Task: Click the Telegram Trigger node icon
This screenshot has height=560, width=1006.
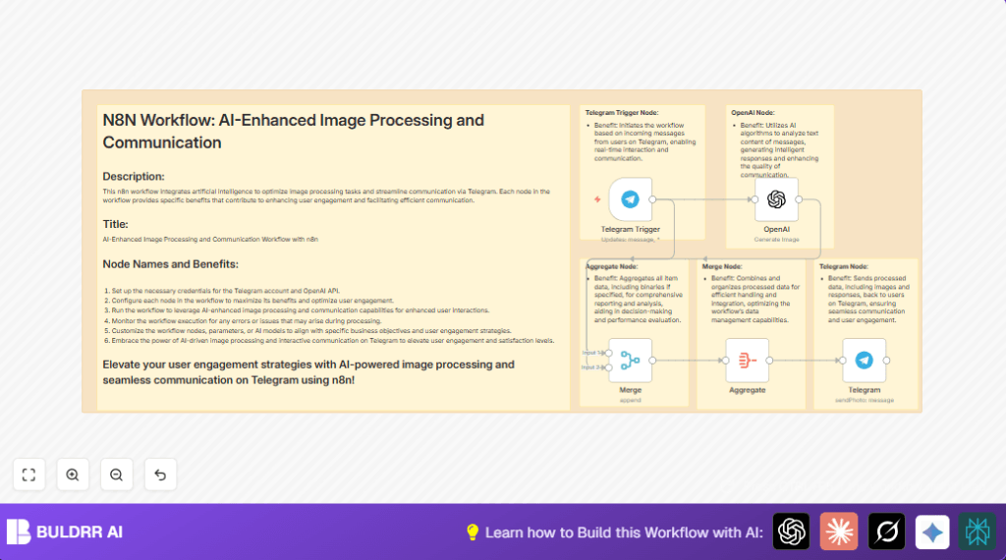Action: point(630,199)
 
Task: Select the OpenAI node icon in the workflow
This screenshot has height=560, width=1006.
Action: point(776,199)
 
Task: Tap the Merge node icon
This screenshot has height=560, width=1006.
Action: point(630,360)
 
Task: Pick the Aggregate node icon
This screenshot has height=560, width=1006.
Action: point(747,360)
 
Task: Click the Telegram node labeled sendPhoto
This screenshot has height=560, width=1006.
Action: point(864,360)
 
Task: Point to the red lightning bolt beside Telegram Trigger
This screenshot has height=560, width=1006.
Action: point(596,199)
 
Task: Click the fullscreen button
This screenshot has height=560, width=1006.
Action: point(28,475)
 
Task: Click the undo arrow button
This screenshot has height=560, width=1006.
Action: point(160,475)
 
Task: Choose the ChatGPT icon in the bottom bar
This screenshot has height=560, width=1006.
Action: point(791,532)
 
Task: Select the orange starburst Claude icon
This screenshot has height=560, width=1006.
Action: point(839,532)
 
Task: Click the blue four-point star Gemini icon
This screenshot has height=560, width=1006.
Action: point(932,532)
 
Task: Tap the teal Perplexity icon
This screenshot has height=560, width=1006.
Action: point(978,532)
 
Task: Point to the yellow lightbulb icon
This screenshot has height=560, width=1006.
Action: point(472,532)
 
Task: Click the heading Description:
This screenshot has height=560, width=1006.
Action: point(134,177)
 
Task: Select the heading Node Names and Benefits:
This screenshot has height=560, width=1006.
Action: point(170,263)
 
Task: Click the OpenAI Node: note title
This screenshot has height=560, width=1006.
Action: point(752,113)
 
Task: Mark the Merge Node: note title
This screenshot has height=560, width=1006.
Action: point(722,266)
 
